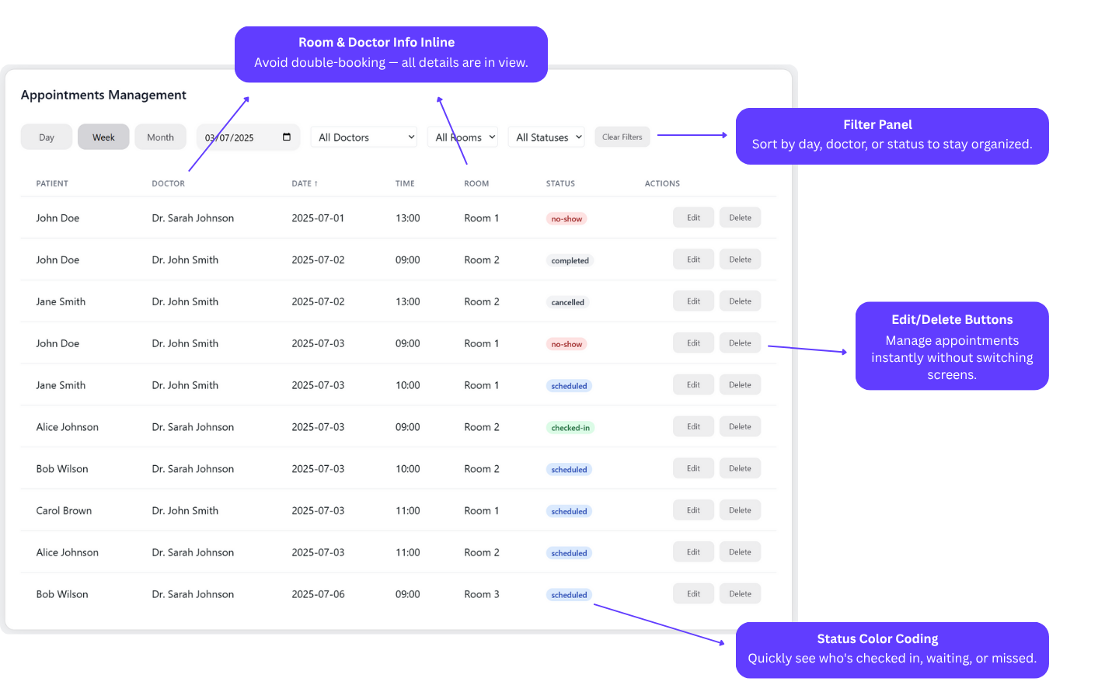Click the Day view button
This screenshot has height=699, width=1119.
tap(47, 137)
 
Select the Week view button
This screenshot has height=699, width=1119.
tap(103, 137)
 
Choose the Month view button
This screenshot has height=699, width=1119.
tap(160, 137)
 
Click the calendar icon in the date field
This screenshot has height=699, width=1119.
tap(287, 137)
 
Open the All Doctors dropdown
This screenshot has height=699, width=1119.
tap(364, 137)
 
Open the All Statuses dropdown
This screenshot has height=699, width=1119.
tap(546, 137)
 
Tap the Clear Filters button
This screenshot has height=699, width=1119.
tap(622, 137)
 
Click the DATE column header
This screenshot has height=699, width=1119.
tap(305, 183)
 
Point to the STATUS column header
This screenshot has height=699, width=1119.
tap(560, 183)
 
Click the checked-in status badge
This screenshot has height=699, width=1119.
tap(570, 427)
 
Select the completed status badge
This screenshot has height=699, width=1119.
tap(570, 260)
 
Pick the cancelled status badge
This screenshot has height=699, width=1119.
tap(567, 302)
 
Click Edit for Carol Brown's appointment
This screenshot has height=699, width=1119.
tap(693, 509)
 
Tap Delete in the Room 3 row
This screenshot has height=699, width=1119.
tap(740, 593)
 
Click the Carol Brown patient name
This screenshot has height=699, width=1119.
tap(64, 510)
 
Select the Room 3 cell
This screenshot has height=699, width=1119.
tap(482, 594)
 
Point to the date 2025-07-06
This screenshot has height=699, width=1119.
tap(319, 594)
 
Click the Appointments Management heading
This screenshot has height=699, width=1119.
tap(103, 95)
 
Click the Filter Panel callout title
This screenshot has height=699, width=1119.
tap(878, 124)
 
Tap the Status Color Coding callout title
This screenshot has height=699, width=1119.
tap(878, 638)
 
